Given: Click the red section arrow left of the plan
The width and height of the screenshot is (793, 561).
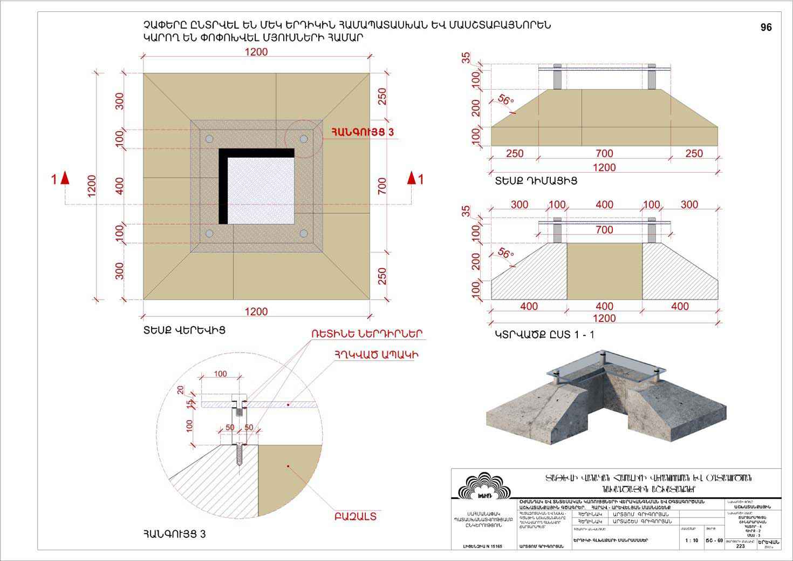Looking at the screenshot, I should pos(65,178).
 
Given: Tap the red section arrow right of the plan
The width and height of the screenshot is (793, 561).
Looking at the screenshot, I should pos(412,178).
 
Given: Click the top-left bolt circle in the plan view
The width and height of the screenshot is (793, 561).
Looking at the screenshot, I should pos(209,139).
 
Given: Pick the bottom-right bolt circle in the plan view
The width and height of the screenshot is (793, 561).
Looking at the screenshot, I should pos(304,233).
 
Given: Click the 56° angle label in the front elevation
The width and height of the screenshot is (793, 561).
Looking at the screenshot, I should pos(505,100).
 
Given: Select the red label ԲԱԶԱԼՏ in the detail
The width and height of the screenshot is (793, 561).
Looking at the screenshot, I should pos(356,516).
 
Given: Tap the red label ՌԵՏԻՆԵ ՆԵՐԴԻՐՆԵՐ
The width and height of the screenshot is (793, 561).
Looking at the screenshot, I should pos(366,334).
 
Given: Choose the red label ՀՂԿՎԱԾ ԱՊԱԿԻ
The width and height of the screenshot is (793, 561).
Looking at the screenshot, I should pos(377,354).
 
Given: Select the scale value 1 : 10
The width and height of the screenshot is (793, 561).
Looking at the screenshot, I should pos(691,540).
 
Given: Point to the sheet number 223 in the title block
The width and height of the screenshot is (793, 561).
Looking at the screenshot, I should pos(740,546).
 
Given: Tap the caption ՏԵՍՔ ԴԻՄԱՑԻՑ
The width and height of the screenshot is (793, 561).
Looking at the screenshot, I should pos(536,181).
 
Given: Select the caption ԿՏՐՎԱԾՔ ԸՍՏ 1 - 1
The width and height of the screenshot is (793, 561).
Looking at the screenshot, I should pos(544,335).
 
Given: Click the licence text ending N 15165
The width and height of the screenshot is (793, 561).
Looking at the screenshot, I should pos(482,546).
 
